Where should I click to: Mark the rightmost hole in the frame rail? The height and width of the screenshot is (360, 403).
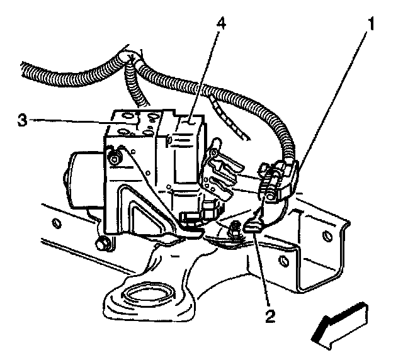pos(326,236)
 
